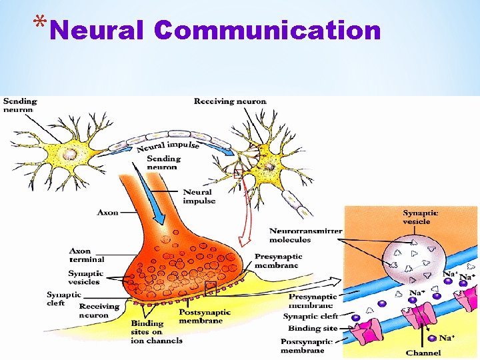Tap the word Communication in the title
coord(267,30)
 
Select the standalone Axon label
coord(108,213)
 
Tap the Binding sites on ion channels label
coord(156,332)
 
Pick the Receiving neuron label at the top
coord(230,101)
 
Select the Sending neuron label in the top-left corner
coord(20,105)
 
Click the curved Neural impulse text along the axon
coord(168,146)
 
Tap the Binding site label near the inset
coord(313,329)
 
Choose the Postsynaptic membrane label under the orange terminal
coord(204,316)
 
